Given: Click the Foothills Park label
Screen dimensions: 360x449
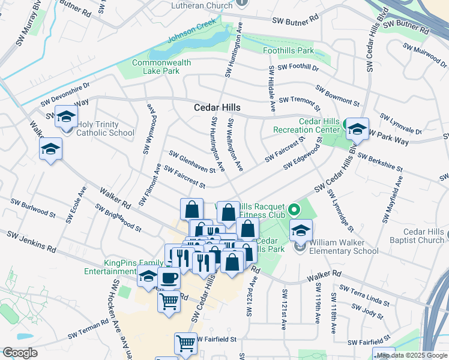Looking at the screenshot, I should [x=288, y=51].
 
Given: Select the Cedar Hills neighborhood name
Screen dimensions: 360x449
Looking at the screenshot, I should [x=217, y=108].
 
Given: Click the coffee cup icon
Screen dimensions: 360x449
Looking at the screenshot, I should [x=169, y=279].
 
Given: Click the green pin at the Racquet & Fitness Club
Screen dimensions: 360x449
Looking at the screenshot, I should [x=294, y=211].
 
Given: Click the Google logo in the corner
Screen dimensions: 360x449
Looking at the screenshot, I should [x=19, y=353].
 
